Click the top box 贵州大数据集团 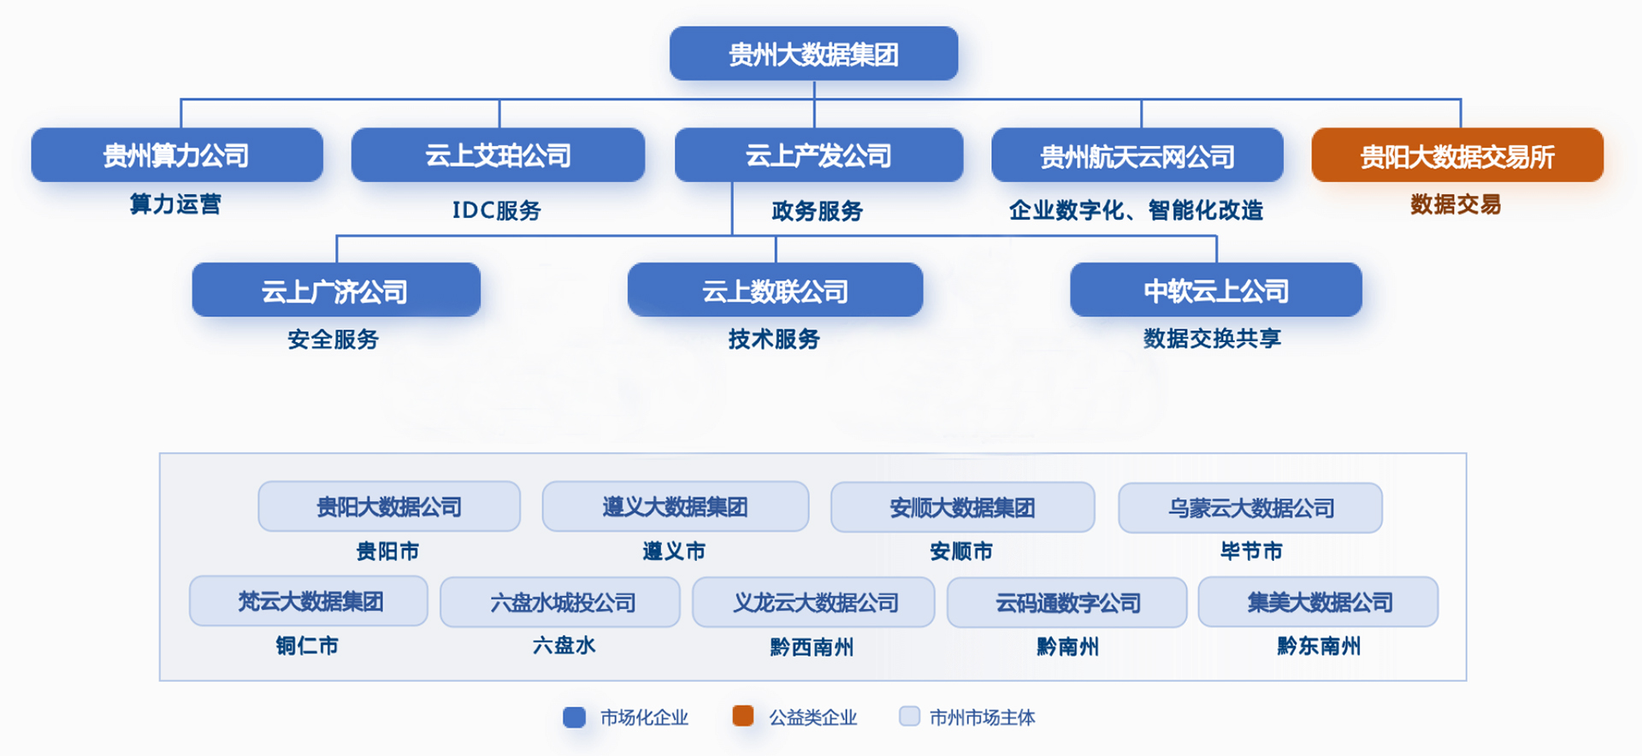click(813, 53)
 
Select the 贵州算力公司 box click(177, 155)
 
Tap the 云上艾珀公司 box click(498, 155)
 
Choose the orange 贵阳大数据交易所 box click(1457, 155)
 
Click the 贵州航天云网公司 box click(1137, 155)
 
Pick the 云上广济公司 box click(336, 290)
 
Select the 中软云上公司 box click(1216, 290)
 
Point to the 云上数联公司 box click(775, 290)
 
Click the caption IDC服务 click(497, 210)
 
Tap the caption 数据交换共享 click(1212, 339)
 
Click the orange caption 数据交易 click(1456, 204)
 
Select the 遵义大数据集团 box click(676, 506)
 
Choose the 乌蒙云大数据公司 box click(1250, 508)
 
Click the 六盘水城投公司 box click(560, 602)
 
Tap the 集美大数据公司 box click(1318, 602)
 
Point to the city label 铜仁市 click(307, 646)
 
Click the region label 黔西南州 click(812, 647)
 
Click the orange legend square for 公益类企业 click(743, 716)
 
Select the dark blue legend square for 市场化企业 click(575, 717)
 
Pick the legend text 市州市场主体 click(982, 718)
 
